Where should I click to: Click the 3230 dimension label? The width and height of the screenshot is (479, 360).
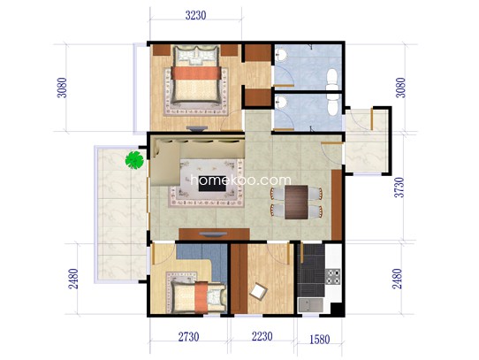[x=195, y=15]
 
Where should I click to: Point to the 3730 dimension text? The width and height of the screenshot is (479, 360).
[x=399, y=188]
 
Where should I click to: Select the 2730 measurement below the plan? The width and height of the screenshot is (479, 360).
[x=188, y=337]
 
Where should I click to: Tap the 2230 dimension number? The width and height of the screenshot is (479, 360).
[x=262, y=336]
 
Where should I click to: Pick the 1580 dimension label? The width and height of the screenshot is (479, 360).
[x=320, y=339]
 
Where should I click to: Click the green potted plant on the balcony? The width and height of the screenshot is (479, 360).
[x=134, y=160]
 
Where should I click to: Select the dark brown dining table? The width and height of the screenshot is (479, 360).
[x=296, y=203]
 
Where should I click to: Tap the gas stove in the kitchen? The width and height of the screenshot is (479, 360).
[x=332, y=277]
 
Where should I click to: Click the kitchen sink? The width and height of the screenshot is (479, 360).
[x=310, y=305]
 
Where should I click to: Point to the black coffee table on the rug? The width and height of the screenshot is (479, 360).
[x=212, y=183]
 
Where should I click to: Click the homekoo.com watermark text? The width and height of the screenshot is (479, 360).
[x=240, y=180]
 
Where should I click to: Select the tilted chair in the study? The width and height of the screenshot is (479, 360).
[x=258, y=292]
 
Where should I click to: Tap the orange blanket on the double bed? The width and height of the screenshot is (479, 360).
[x=196, y=73]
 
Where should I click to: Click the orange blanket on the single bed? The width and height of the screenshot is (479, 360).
[x=201, y=297]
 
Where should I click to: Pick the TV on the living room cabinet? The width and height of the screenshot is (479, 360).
[x=213, y=234]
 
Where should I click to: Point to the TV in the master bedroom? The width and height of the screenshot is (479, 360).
[x=196, y=128]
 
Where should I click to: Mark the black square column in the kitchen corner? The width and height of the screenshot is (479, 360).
[x=337, y=310]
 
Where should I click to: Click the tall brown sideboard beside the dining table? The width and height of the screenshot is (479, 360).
[x=337, y=204]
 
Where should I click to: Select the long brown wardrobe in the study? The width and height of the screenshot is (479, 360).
[x=239, y=279]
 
